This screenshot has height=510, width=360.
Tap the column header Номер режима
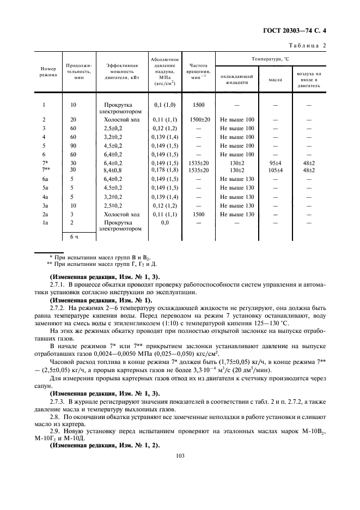[47, 72]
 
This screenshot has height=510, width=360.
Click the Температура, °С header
[270, 58]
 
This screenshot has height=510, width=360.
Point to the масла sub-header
[275, 80]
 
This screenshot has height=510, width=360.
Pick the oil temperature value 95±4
[275, 163]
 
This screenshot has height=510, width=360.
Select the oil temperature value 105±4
[275, 170]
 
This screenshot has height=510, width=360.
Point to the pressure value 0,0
[164, 222]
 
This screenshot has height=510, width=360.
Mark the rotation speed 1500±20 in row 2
[199, 119]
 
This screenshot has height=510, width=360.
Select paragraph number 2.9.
[55, 432]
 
